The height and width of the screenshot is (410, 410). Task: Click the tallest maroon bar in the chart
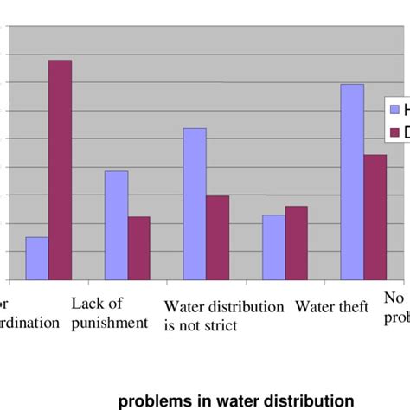pos(60,170)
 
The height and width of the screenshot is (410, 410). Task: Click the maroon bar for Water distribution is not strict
pos(217,237)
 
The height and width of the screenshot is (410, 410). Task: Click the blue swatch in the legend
pos(396,110)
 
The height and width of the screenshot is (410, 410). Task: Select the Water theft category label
pos(331,307)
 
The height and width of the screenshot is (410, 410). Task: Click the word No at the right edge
pos(394,298)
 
